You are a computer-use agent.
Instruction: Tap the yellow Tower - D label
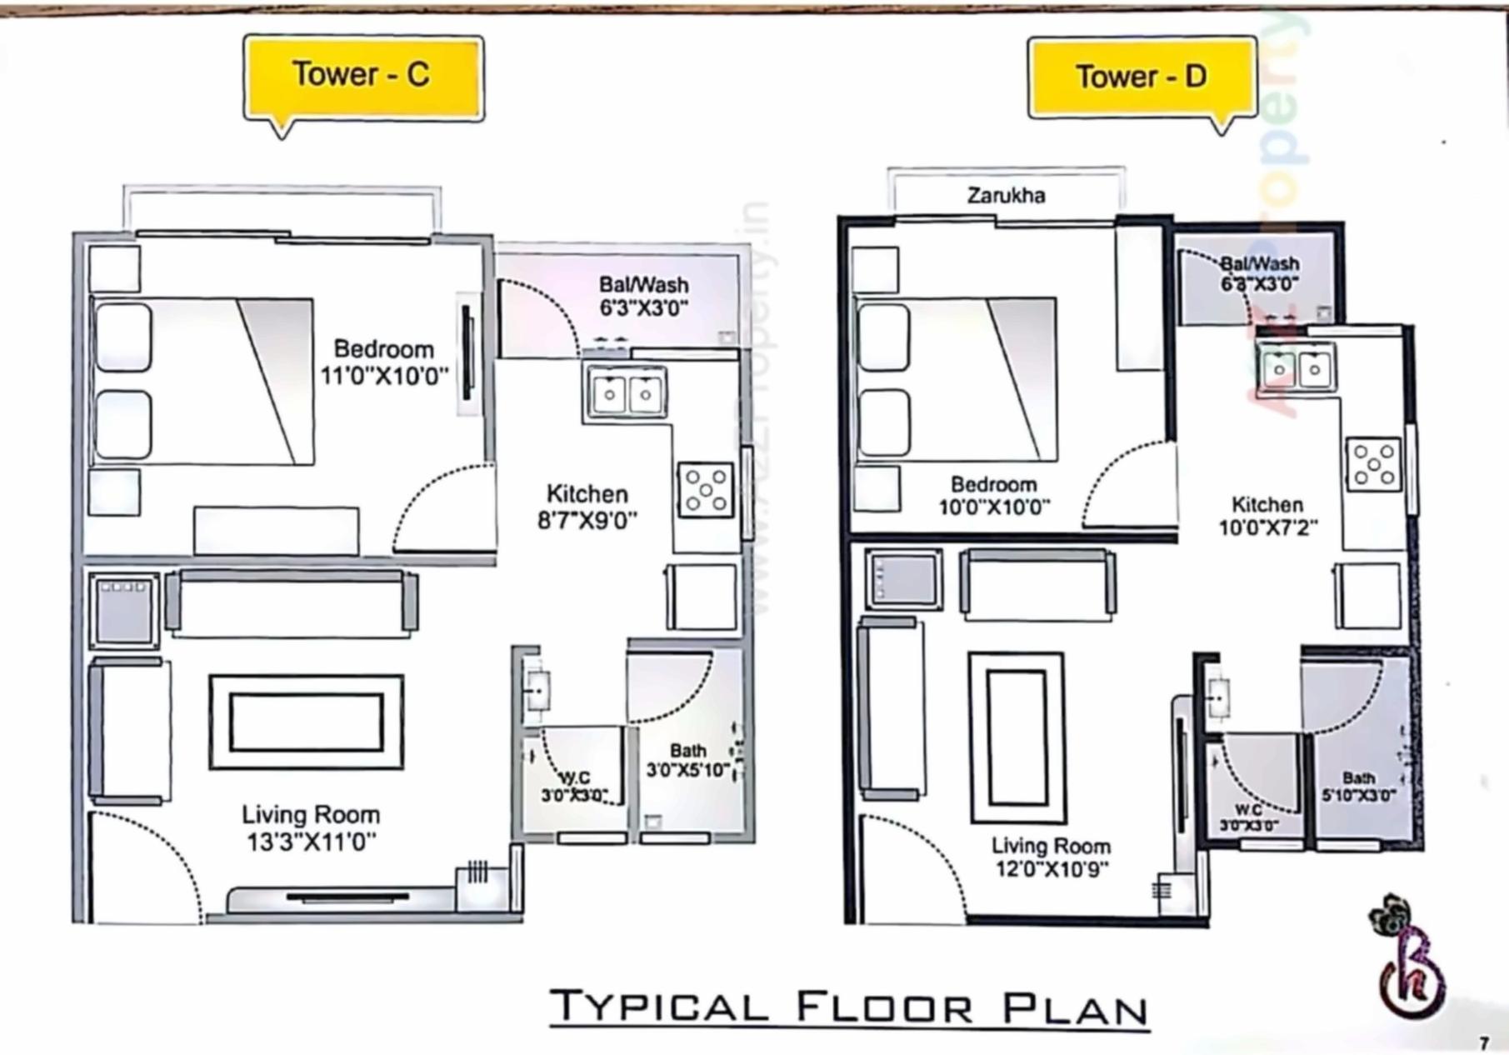[1142, 77]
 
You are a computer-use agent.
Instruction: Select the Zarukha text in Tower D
[1006, 196]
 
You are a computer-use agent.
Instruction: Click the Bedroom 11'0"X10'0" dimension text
[384, 376]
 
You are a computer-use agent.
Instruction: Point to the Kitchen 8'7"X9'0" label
[587, 507]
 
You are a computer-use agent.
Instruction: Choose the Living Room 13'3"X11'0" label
[311, 828]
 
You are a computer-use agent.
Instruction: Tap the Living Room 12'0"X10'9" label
[1051, 857]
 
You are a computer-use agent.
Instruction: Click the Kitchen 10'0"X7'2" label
[1267, 516]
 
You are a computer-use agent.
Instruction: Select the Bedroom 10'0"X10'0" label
[994, 496]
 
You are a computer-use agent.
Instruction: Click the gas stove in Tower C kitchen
[706, 491]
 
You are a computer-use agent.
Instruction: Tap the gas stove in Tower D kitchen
[1373, 464]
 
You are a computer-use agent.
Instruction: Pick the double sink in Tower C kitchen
[627, 394]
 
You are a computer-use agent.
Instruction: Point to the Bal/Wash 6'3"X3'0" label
[643, 297]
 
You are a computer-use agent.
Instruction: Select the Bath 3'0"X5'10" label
[688, 761]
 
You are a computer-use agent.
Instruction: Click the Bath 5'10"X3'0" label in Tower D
[1358, 787]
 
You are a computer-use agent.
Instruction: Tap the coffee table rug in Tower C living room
[307, 722]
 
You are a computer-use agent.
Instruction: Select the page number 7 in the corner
[1484, 1043]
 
